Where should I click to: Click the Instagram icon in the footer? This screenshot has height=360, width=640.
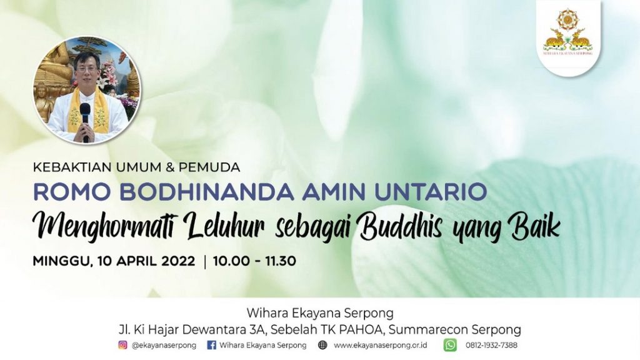point(122,345)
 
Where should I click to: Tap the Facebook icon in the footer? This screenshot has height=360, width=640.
point(211,345)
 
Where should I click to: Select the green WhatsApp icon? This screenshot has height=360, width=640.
point(450,345)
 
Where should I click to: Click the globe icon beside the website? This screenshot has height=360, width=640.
point(322,345)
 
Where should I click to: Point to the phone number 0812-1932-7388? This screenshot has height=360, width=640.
point(491,345)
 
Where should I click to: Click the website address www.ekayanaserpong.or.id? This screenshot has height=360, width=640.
point(381,345)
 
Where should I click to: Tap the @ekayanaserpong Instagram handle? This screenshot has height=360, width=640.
point(164,345)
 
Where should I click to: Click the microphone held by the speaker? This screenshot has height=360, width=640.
point(85,120)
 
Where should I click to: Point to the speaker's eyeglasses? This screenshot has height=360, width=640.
point(87,69)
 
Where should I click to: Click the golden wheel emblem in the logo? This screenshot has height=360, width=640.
point(566,19)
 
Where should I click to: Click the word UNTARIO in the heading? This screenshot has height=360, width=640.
point(431,192)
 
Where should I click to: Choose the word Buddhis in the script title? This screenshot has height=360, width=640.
point(401,227)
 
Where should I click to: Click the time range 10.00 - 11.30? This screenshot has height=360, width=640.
point(254,261)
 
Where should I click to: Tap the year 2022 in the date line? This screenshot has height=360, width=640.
point(178,261)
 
